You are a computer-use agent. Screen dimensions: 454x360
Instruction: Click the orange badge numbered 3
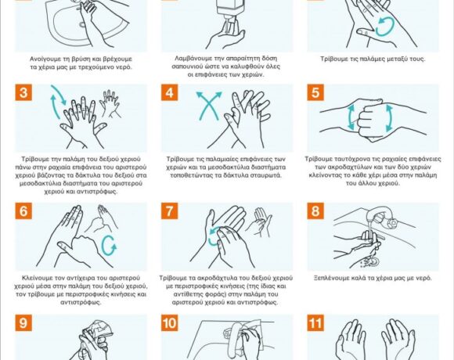pyautogui.click(x=23, y=92)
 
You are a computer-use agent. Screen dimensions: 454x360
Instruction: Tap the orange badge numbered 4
pyautogui.click(x=169, y=92)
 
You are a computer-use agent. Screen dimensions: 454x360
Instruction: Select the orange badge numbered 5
pyautogui.click(x=315, y=92)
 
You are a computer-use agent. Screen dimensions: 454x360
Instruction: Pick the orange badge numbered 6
pyautogui.click(x=23, y=211)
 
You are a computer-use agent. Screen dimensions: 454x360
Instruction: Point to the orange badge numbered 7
pyautogui.click(x=169, y=211)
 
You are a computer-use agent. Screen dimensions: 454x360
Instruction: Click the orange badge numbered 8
pyautogui.click(x=315, y=211)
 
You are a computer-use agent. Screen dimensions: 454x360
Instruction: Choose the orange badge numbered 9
pyautogui.click(x=23, y=322)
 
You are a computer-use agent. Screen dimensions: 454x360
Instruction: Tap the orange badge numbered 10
pyautogui.click(x=169, y=322)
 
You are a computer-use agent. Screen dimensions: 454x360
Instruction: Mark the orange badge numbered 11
pyautogui.click(x=315, y=322)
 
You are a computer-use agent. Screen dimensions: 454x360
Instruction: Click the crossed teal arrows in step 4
pyautogui.click(x=209, y=106)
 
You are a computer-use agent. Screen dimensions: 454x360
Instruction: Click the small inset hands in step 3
pyautogui.click(x=110, y=103)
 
